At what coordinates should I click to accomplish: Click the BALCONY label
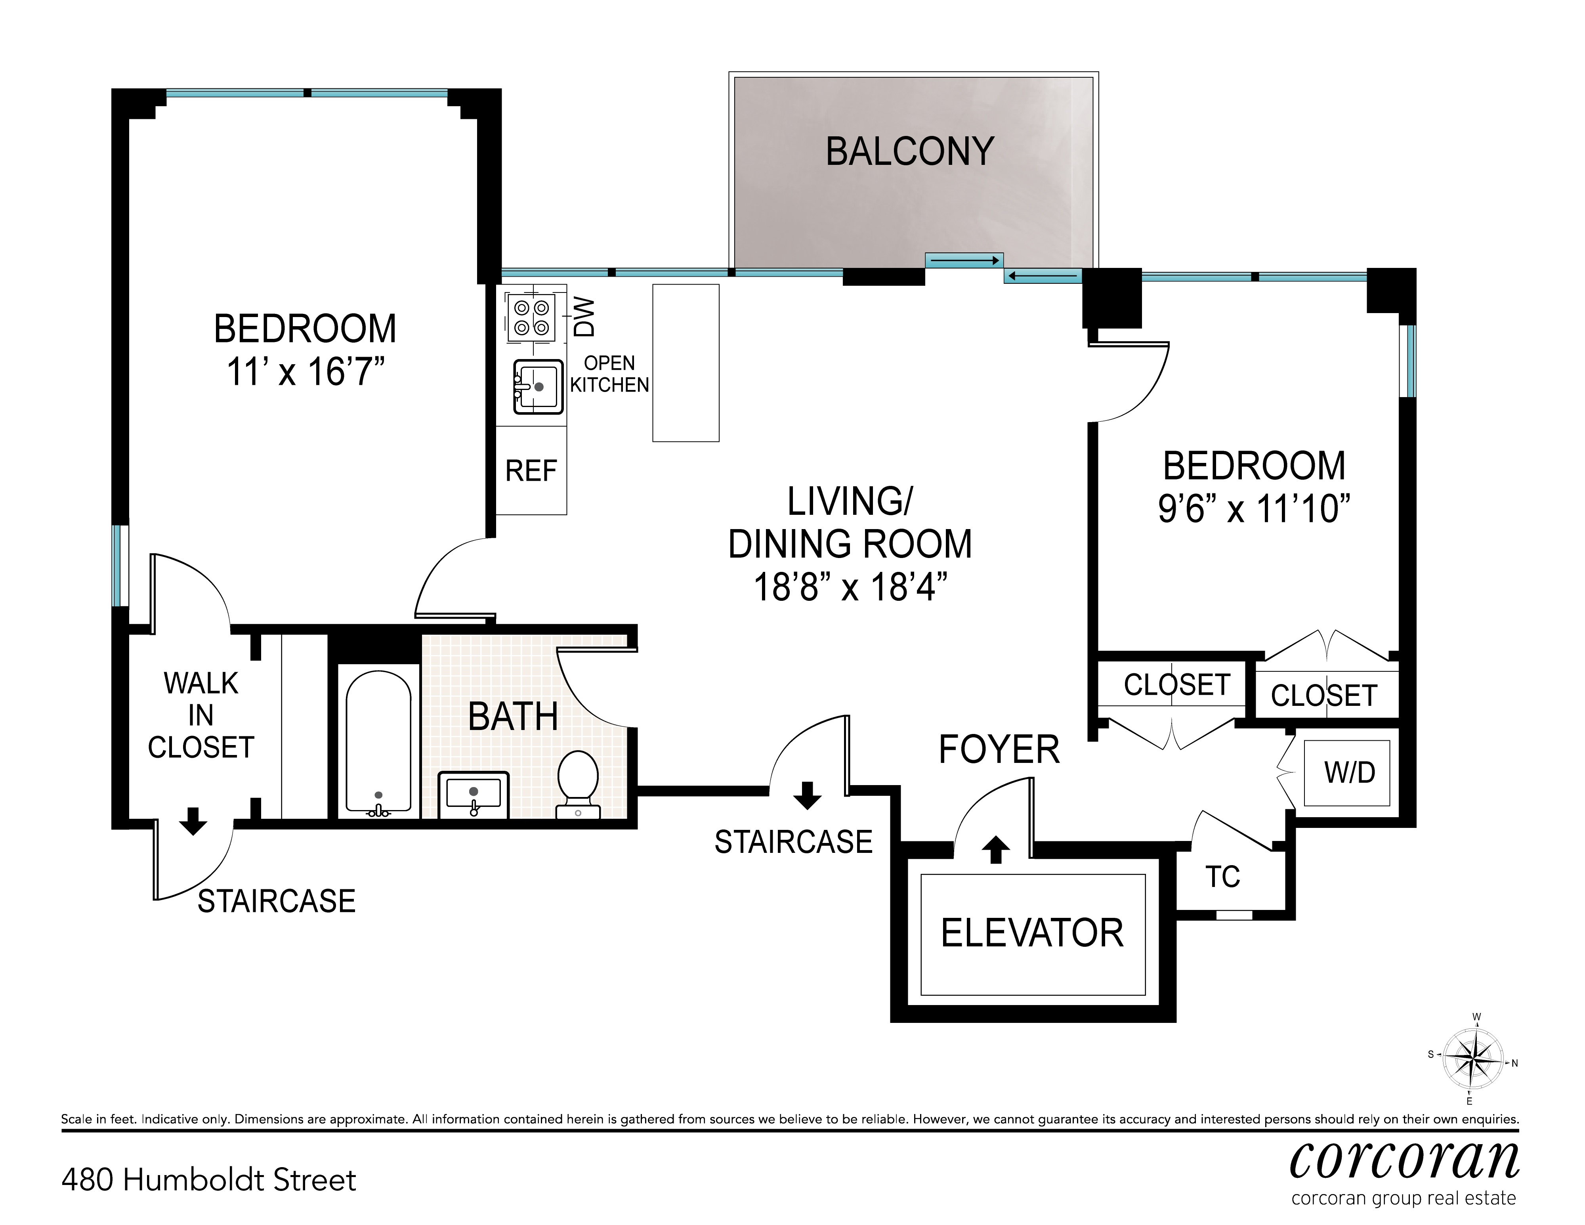coord(910,152)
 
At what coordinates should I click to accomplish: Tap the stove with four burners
coord(531,318)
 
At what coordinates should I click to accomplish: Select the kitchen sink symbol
coord(539,387)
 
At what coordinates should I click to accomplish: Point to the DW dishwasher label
coord(584,317)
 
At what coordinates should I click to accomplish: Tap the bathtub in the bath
coord(378,741)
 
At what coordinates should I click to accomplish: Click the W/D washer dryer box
coord(1347,773)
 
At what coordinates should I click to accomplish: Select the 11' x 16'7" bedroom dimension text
coord(305,372)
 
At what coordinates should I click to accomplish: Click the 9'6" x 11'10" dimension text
coord(1254,509)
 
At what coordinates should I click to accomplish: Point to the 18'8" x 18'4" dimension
coord(851,587)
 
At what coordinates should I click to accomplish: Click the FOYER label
coord(999,750)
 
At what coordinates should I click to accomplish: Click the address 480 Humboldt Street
coord(209,1180)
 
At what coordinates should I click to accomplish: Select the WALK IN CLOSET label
coord(201,716)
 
